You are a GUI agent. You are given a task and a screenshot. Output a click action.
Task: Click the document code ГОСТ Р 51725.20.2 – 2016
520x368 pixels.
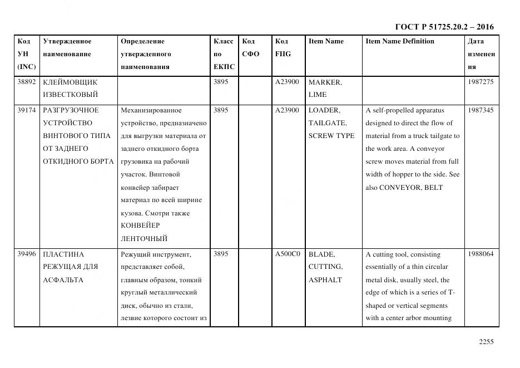(x=444, y=27)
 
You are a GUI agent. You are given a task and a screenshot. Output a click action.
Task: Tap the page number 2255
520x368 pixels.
(x=486, y=342)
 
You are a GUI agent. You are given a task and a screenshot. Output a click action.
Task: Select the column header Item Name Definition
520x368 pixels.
(x=399, y=41)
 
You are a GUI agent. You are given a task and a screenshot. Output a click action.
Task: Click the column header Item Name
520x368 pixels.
(x=326, y=41)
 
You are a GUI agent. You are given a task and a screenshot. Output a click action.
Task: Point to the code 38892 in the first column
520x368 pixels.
(x=26, y=82)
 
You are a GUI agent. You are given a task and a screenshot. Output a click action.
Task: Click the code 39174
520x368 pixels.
(x=26, y=110)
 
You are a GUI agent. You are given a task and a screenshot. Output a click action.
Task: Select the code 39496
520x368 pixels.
(x=26, y=254)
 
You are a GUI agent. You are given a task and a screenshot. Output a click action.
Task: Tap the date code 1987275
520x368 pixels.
(x=481, y=82)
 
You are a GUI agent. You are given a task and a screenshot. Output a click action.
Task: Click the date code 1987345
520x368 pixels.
(x=481, y=110)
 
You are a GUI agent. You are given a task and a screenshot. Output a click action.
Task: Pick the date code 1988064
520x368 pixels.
(x=481, y=254)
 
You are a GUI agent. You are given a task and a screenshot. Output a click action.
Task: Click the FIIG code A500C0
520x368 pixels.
(x=287, y=254)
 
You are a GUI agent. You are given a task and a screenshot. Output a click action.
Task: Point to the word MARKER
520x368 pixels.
(x=325, y=82)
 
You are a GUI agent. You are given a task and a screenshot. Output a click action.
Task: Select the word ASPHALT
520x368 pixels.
(x=325, y=279)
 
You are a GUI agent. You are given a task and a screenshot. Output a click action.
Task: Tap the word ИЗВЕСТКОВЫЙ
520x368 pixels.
(x=70, y=95)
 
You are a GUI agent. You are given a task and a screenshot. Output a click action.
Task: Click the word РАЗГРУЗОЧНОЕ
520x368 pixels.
(x=71, y=110)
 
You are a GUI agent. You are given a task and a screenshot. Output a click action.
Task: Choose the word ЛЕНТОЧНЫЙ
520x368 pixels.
(x=144, y=238)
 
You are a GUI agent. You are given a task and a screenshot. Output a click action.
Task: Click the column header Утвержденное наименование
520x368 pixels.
(x=67, y=48)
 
